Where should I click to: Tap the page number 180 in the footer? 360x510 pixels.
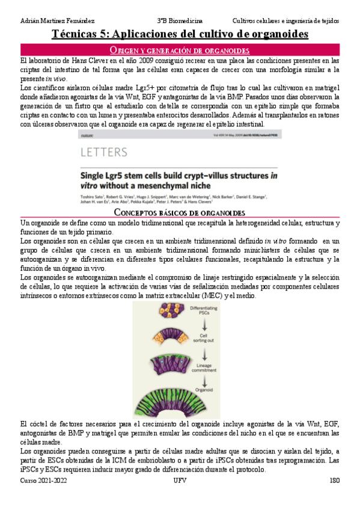tap(335, 481)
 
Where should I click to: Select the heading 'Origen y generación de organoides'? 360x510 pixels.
tap(180, 50)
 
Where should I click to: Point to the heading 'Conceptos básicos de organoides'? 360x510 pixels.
tap(180, 213)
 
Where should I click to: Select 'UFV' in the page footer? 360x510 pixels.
tap(180, 481)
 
